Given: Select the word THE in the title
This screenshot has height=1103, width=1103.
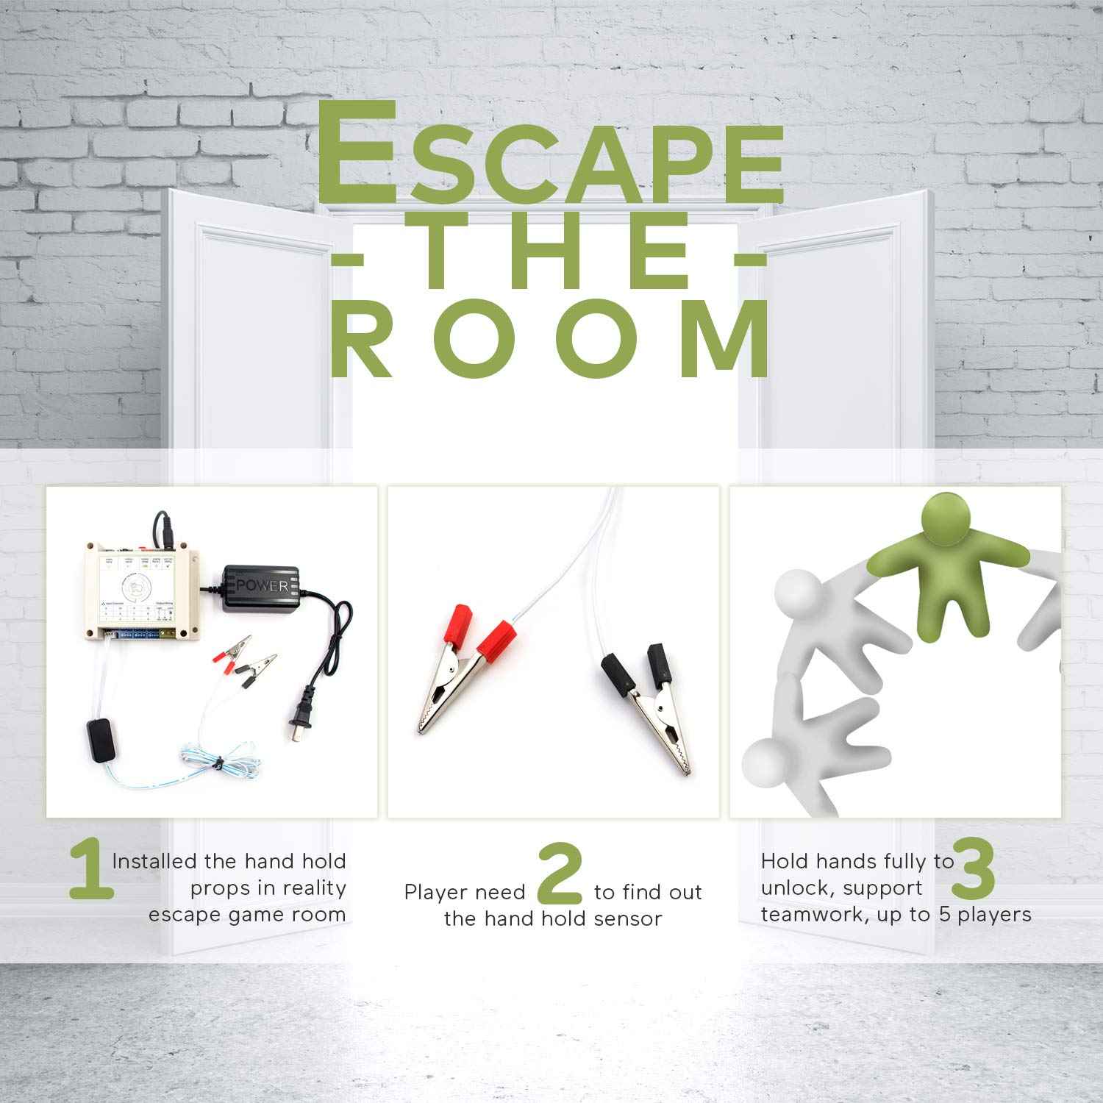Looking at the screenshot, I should [549, 257].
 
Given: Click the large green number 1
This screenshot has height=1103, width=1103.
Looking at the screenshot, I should [91, 872].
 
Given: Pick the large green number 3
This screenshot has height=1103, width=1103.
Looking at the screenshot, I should [974, 871].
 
